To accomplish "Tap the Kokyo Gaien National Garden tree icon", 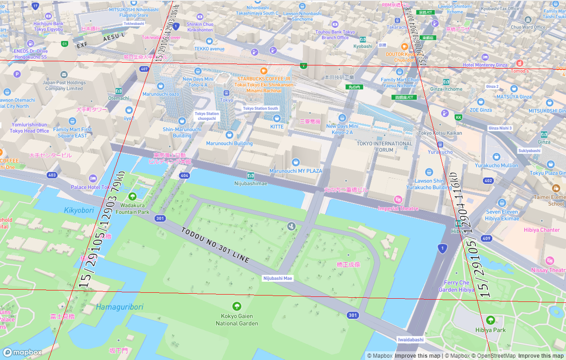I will pyautogui.click(x=237, y=306).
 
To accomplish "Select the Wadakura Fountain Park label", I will pyautogui.click(x=132, y=209).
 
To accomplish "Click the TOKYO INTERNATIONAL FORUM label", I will pyautogui.click(x=384, y=146).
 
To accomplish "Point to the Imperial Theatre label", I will pyautogui.click(x=398, y=209).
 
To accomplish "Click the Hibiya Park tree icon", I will pyautogui.click(x=491, y=319).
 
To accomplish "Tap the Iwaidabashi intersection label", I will pyautogui.click(x=410, y=340).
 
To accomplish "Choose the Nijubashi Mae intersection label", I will pyautogui.click(x=278, y=278).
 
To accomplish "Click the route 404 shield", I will pyautogui.click(x=184, y=176).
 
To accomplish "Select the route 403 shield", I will pyautogui.click(x=52, y=175).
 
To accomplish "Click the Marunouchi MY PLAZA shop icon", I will pyautogui.click(x=296, y=162).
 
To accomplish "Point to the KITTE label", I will pyautogui.click(x=277, y=127).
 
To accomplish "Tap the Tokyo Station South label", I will pyautogui.click(x=260, y=108).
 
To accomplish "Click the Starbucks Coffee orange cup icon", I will pyautogui.click(x=263, y=71).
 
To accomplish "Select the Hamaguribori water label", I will pyautogui.click(x=119, y=307).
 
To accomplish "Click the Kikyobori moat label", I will pyautogui.click(x=79, y=210).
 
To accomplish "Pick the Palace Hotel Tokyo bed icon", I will pyautogui.click(x=93, y=178).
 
